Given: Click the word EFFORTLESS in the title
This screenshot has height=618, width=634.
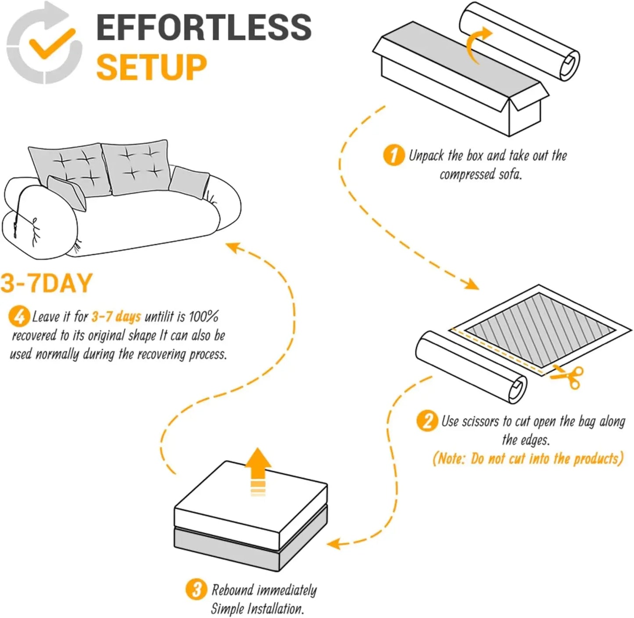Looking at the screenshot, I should tap(204, 27).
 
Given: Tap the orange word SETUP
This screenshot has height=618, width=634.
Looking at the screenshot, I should tap(151, 67).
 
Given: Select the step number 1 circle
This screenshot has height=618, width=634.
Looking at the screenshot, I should tap(394, 155).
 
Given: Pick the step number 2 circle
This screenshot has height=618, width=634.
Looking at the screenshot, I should tap(427, 421).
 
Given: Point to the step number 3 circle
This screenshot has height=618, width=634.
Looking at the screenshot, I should tap(196, 589).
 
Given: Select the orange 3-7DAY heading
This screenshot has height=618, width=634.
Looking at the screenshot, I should tap(47, 283).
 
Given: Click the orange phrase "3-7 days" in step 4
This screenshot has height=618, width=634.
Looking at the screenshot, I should tap(116, 316).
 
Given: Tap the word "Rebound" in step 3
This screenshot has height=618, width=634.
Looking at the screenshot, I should tap(233, 589).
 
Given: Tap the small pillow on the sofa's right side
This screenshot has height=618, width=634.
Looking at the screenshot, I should tap(189, 181).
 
